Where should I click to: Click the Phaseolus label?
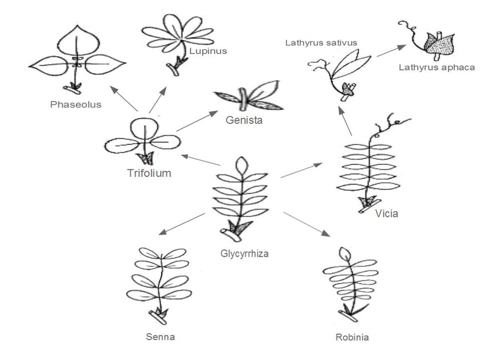click(76, 104)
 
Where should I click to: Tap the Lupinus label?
click(208, 50)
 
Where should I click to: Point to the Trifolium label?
click(149, 173)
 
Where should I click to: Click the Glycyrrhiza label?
click(244, 253)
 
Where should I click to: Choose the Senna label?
click(160, 336)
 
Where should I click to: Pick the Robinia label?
click(352, 337)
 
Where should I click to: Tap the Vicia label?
click(386, 214)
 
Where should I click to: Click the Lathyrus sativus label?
click(321, 43)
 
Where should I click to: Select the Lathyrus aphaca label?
click(436, 67)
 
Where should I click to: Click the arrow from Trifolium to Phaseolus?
click(124, 98)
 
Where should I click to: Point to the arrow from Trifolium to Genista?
click(194, 121)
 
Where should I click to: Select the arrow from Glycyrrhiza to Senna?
click(181, 223)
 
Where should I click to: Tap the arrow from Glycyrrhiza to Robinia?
click(306, 224)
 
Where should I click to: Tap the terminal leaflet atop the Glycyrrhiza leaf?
click(241, 165)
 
